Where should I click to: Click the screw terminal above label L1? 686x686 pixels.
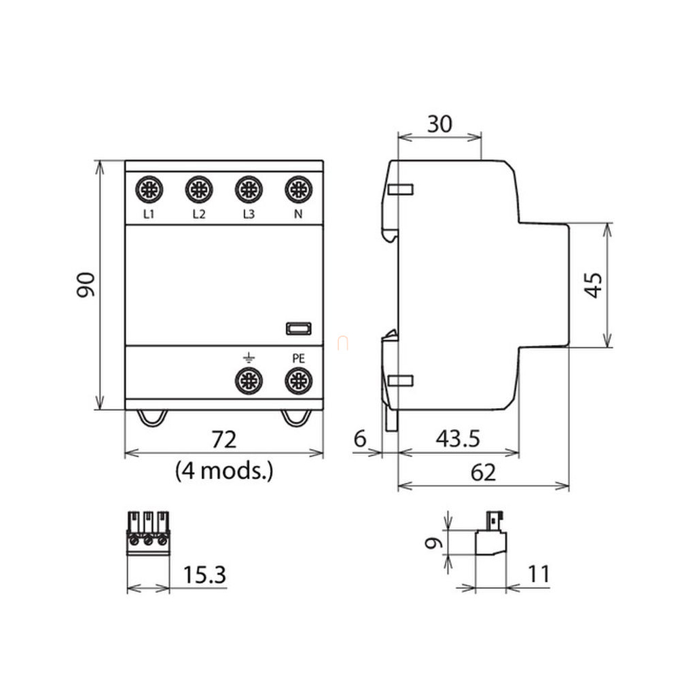coord(149,189)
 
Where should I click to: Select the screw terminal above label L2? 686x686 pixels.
coord(199,189)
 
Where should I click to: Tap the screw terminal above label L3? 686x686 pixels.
coord(249,189)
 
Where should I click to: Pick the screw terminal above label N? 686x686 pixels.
coord(297,189)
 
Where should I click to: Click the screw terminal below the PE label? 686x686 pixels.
coord(297,381)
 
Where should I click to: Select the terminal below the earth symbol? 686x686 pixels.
coord(249,381)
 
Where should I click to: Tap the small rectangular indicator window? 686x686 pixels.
coord(297,329)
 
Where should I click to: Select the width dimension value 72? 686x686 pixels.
coord(223,440)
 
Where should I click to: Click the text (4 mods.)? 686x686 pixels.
coord(224,470)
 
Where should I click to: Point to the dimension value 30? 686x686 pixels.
coord(439,124)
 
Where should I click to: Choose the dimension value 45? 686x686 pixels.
coord(593,285)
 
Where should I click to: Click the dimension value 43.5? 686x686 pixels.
coord(457,439)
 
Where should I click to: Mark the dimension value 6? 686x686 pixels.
coord(360,439)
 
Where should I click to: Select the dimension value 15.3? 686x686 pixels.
coord(204,576)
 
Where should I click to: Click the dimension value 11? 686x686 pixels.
coord(538,575)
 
